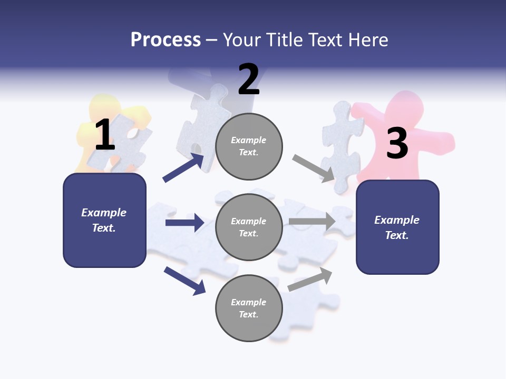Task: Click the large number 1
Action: tap(105, 135)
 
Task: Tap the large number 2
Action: tap(249, 79)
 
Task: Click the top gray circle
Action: tap(249, 146)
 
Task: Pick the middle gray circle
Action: tap(249, 227)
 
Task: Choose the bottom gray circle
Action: tap(249, 308)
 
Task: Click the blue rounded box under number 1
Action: tap(104, 220)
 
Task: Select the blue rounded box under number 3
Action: tap(397, 227)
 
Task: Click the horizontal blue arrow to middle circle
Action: tap(184, 223)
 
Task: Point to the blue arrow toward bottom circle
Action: tap(184, 281)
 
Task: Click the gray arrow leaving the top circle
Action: tap(314, 168)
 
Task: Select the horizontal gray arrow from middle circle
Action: tap(312, 221)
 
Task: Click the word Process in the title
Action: tap(166, 39)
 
